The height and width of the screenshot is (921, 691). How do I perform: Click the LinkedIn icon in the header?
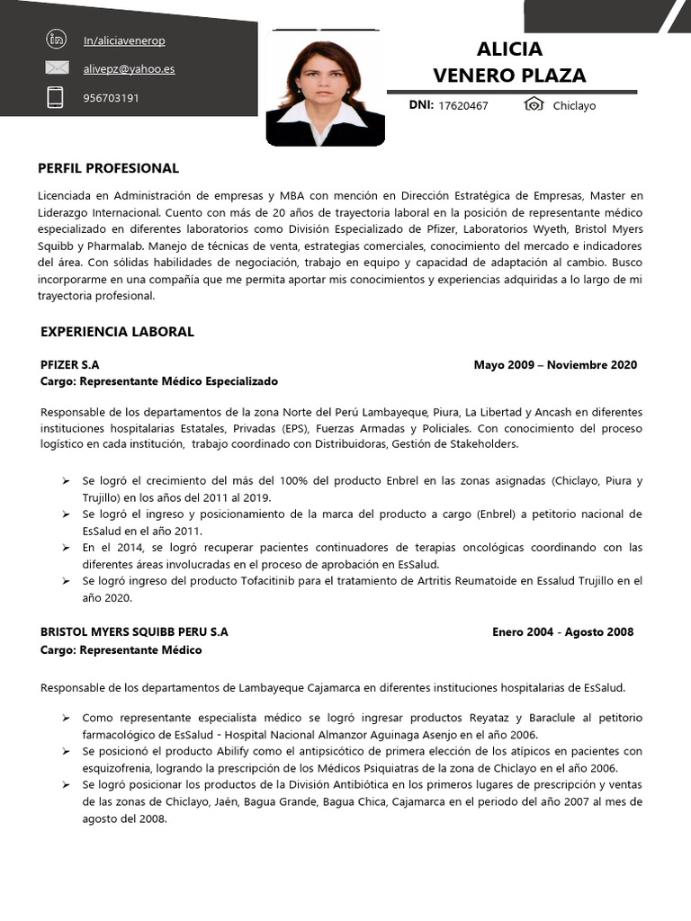[56, 39]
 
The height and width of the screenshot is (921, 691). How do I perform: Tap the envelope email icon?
[57, 67]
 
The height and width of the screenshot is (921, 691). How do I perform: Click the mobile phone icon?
[56, 97]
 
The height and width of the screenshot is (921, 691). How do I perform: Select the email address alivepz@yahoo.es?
[128, 68]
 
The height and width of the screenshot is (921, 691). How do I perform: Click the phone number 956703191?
[111, 98]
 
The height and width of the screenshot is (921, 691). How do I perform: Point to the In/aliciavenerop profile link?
[123, 40]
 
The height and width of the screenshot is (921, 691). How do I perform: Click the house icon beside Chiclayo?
[534, 105]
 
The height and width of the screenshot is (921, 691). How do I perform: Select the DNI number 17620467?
[462, 106]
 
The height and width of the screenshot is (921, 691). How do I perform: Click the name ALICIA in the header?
[509, 49]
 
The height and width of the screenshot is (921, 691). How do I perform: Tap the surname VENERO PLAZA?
[509, 75]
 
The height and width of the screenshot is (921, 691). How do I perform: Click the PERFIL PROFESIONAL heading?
[108, 168]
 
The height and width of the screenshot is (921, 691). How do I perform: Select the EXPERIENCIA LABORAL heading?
[117, 332]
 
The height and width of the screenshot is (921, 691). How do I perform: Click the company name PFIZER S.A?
[69, 365]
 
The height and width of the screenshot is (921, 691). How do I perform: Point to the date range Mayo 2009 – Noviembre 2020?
[555, 365]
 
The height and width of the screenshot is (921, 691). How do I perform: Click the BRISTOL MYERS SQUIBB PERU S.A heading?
[134, 632]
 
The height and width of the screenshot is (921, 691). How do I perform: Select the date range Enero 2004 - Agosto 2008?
[562, 632]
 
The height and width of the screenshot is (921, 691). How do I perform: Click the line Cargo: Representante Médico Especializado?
[159, 381]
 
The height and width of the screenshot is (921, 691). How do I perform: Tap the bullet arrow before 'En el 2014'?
[66, 548]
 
